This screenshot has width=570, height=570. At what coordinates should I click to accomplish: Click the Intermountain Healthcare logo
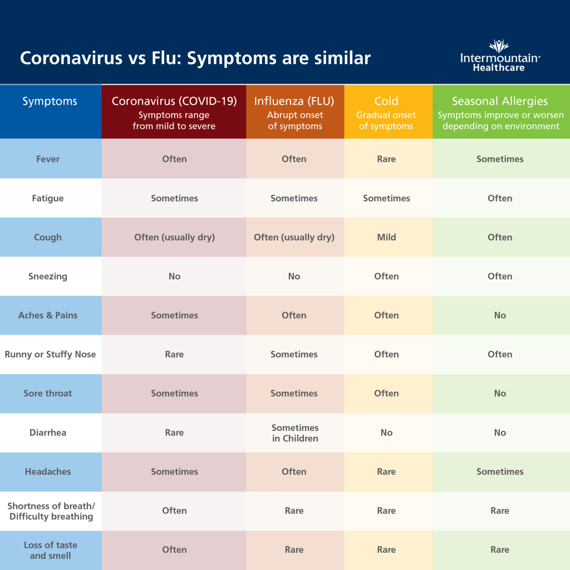[500, 56]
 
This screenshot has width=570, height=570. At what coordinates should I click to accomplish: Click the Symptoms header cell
[50, 101]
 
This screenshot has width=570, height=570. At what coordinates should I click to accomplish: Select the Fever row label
[48, 159]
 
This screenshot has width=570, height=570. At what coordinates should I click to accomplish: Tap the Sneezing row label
[48, 276]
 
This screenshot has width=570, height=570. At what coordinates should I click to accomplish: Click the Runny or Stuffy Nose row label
[50, 354]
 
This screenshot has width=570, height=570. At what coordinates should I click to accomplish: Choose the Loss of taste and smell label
[50, 550]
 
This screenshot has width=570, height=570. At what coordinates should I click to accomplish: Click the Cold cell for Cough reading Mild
[386, 237]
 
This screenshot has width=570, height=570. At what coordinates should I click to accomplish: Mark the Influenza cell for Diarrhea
[295, 433]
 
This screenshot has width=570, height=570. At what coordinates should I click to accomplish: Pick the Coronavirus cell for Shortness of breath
[174, 510]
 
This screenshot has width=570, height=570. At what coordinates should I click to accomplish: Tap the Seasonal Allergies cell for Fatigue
[500, 198]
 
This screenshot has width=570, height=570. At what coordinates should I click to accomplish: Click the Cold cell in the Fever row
[386, 159]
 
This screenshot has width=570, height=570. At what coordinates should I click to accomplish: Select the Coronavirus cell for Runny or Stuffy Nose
[174, 354]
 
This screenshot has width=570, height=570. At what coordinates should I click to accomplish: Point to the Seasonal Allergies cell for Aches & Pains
[500, 315]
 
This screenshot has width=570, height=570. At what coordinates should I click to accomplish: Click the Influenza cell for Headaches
[294, 471]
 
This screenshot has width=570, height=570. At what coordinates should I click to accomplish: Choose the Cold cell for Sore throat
[386, 393]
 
